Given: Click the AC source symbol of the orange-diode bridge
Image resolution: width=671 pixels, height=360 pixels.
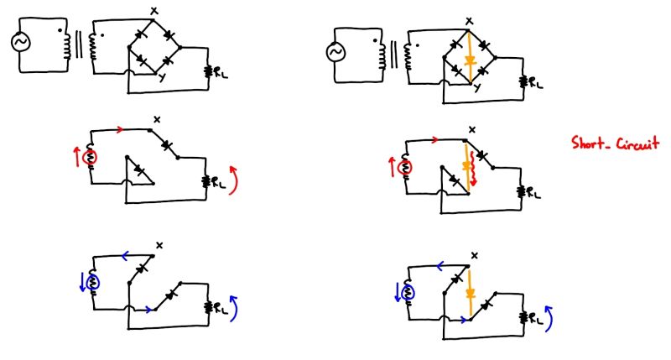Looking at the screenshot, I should pyautogui.click(x=335, y=54).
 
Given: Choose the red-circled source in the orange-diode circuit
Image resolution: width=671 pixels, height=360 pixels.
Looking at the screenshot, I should pyautogui.click(x=406, y=165).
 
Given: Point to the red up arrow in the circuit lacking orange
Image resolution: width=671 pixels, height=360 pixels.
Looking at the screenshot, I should pyautogui.click(x=79, y=156).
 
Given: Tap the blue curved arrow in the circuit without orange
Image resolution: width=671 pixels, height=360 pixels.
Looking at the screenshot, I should pyautogui.click(x=234, y=307).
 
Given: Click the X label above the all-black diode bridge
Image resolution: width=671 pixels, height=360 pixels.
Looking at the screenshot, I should pyautogui.click(x=153, y=10).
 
